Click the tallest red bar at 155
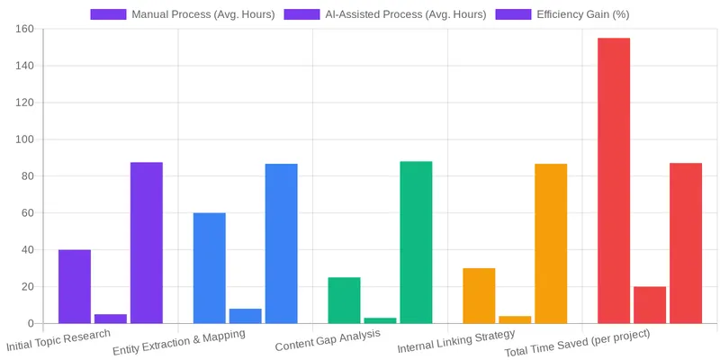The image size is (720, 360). [x=614, y=180]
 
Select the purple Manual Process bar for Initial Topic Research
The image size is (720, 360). [x=75, y=286]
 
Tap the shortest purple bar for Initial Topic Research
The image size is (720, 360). [x=111, y=319]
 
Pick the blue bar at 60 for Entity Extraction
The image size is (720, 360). [x=209, y=268]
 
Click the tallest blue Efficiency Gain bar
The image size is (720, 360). [x=281, y=243]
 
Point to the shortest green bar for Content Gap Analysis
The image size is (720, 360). [x=380, y=320]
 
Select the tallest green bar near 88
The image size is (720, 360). [x=416, y=242]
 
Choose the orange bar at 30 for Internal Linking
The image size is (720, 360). [x=479, y=295]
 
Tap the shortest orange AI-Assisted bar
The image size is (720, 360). [x=515, y=319]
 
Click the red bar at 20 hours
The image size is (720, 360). [x=650, y=305]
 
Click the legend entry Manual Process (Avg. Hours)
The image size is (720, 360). [x=183, y=14]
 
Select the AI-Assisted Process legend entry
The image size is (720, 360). [x=384, y=14]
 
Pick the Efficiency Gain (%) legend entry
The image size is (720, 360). [x=562, y=14]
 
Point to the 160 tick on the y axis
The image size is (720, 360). [x=24, y=29]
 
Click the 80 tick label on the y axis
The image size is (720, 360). [x=27, y=176]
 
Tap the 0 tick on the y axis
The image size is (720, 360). [x=31, y=324]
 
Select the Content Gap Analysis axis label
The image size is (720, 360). [x=328, y=339]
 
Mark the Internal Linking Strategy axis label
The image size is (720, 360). [x=455, y=341]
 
